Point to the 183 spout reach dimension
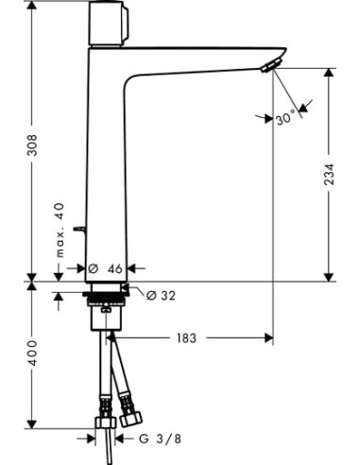187,337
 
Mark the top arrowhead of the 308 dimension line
32,8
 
